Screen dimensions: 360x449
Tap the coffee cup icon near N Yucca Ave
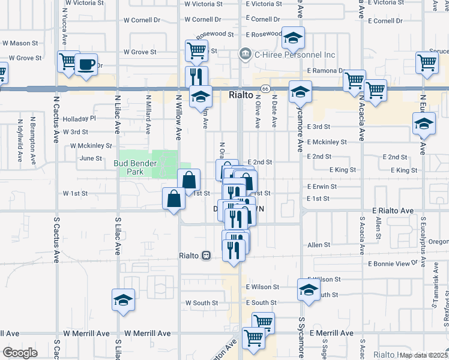86,64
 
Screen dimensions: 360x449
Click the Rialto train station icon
206,255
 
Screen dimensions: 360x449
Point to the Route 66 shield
264,89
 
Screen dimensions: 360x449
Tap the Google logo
20,353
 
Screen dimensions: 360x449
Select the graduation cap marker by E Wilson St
309,290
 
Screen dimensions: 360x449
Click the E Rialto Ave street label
393,211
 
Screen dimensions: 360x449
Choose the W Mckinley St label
91,145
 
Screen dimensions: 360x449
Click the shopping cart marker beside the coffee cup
68,61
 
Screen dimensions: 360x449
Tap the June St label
91,158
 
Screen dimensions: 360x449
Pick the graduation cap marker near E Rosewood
292,37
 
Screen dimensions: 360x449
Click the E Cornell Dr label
385,20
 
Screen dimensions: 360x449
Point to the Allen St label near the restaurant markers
319,245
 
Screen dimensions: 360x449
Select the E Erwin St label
322,187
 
